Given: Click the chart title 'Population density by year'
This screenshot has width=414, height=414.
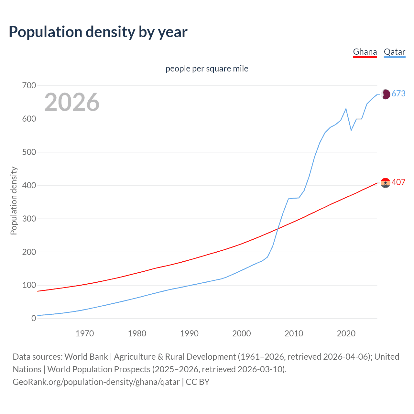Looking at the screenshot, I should point(98,32).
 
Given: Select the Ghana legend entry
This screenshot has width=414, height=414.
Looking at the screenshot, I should point(365,52).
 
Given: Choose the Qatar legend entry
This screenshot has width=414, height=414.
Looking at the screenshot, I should point(394,52).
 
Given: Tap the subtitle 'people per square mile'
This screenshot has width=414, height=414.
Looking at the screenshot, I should point(207,69).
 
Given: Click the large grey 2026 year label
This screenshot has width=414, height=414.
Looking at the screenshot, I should point(72,102).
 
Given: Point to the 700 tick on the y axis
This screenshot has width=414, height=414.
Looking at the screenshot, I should point(29,86).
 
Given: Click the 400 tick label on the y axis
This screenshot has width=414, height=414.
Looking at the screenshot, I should point(29,185).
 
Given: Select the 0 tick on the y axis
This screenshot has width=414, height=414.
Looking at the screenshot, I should point(34,318).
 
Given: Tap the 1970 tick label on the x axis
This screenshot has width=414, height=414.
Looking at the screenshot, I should point(85,333).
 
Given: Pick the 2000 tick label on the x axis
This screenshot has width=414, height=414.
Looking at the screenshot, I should point(241,333).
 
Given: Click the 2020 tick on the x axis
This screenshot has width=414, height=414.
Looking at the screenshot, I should point(346,333).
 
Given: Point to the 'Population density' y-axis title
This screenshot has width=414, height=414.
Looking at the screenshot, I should point(14,201).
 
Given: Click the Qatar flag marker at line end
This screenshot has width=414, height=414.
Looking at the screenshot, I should point(385,94).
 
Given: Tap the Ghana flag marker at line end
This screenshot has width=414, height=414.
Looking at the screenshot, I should point(385,183).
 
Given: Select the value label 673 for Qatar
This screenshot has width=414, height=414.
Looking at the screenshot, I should point(398,94).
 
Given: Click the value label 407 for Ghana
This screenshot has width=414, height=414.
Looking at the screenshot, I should point(398,182).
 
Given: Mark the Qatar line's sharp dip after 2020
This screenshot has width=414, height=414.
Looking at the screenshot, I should point(351,130).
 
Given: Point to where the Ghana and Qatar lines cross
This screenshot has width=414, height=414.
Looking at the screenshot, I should point(278,229).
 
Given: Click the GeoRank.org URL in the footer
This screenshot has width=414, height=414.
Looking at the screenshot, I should point(96,382).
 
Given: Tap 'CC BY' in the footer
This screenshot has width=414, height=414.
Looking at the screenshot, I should point(198,382).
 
